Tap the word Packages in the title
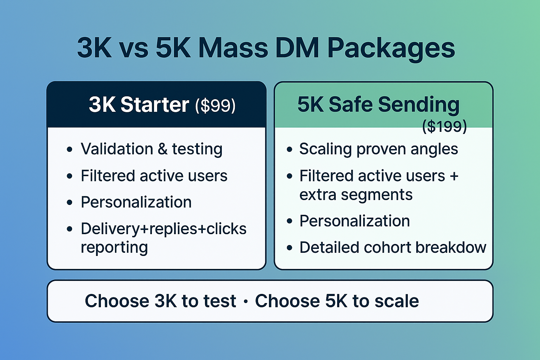(391, 48)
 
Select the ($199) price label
(444, 126)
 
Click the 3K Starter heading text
(139, 104)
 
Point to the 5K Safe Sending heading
(378, 104)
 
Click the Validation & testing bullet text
(152, 149)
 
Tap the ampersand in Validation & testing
(162, 149)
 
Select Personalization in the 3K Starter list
(136, 202)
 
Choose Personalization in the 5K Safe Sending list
(354, 221)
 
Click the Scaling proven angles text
(378, 149)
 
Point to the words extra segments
(356, 195)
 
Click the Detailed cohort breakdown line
(392, 247)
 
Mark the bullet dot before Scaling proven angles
(289, 149)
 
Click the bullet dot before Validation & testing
(70, 149)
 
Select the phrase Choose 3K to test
(160, 301)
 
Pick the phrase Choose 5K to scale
(337, 301)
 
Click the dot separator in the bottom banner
(245, 302)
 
